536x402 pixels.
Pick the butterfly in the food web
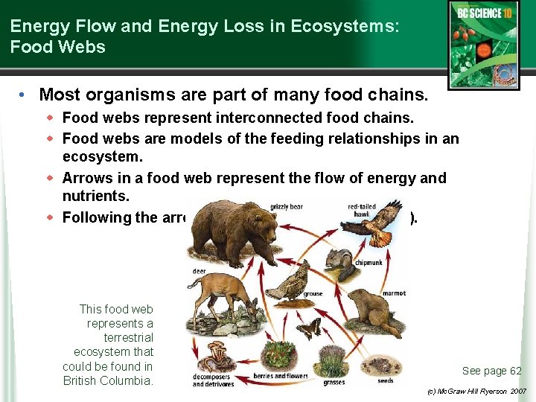[x=308, y=328]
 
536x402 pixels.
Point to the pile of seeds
[x=384, y=366]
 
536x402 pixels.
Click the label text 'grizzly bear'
[x=285, y=207]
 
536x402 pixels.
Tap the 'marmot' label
[x=393, y=293]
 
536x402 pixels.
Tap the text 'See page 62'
[x=491, y=371]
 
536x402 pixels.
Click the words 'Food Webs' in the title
[x=58, y=47]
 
